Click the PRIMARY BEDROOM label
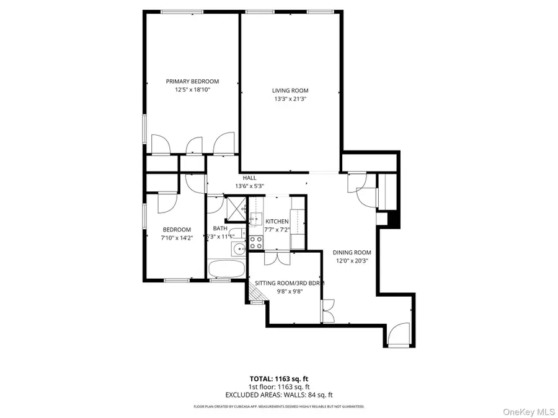tap(192, 81)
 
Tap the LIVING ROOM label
tap(290, 90)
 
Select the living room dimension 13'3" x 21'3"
tap(290, 99)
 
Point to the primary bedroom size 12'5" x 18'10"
tap(192, 90)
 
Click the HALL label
tap(249, 178)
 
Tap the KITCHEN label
tap(277, 221)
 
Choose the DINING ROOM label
tap(352, 252)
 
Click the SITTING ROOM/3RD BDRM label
tap(290, 283)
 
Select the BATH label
tap(220, 228)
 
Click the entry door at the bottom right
tap(398, 335)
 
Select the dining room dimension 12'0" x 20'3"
tap(352, 261)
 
